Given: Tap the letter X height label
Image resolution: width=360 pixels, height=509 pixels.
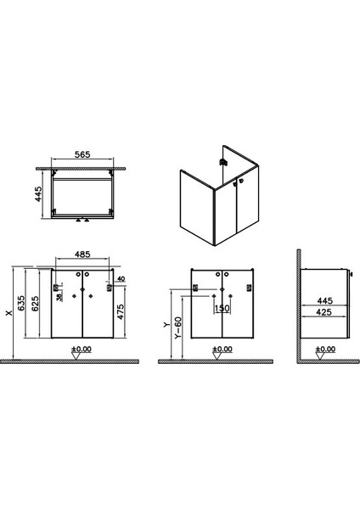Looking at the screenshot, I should pos(9,312).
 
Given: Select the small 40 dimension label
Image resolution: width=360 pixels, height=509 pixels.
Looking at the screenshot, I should pos(121,279).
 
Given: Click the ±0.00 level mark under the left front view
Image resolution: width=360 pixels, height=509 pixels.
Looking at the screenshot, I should pos(81,350).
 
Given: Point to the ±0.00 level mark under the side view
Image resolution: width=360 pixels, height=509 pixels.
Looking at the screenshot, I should pos(324,350).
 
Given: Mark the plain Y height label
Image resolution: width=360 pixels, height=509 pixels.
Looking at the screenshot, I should pos(170,323).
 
